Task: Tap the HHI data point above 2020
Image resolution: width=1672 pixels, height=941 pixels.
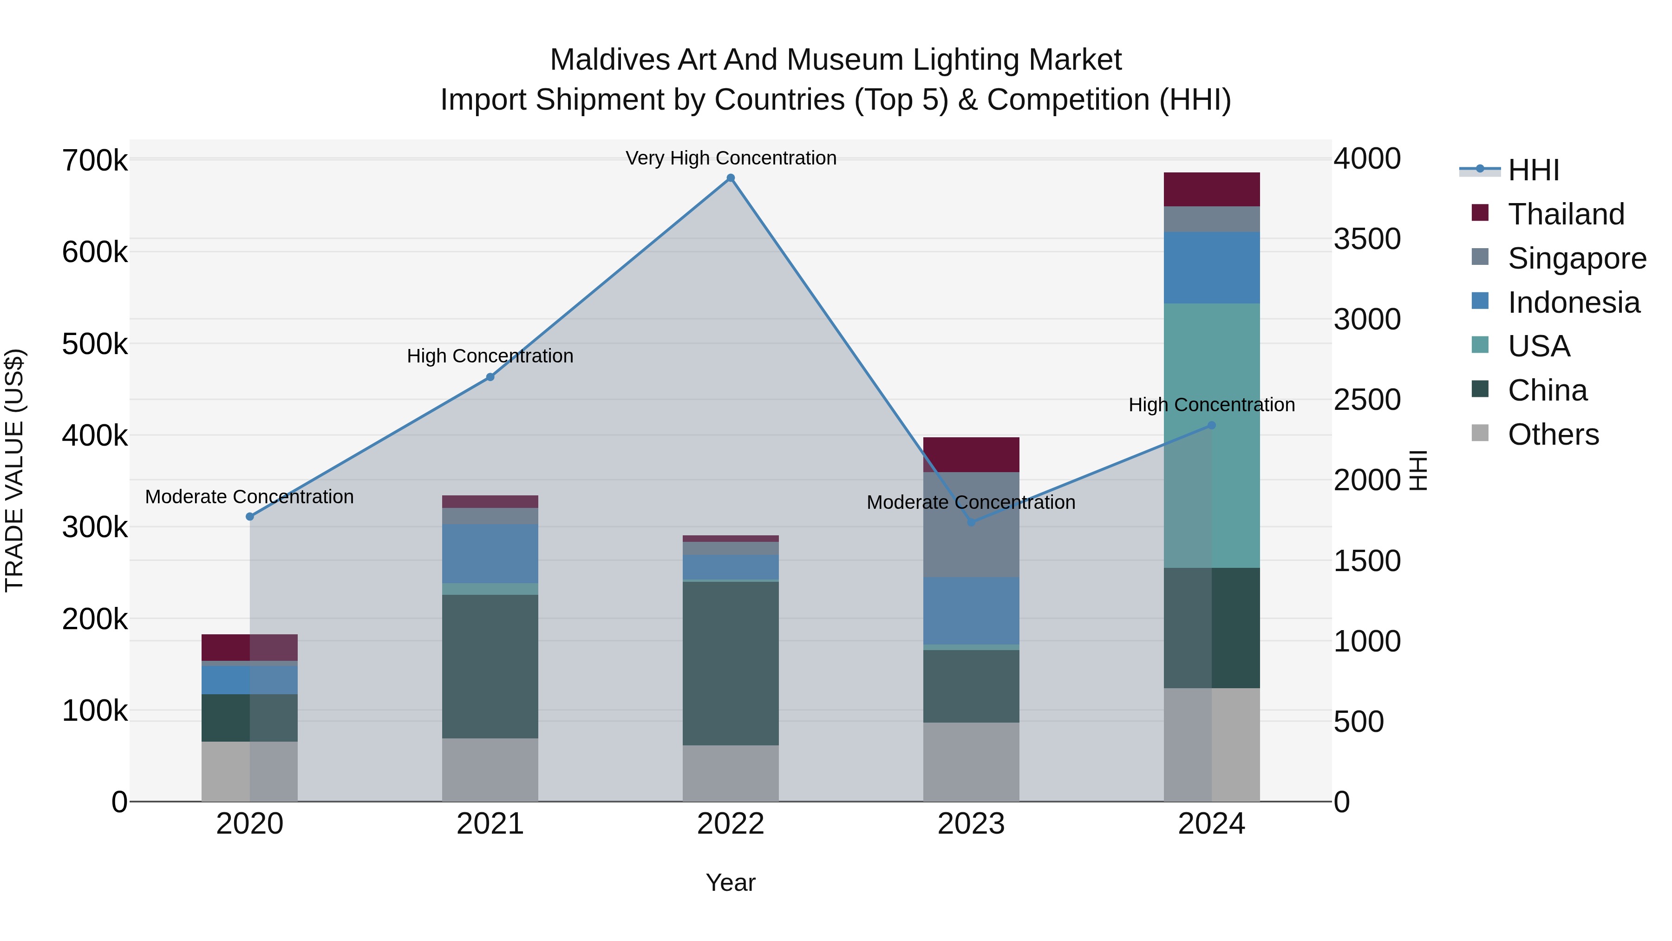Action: [x=250, y=516]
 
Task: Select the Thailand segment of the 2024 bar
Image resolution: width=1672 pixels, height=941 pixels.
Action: [x=1211, y=189]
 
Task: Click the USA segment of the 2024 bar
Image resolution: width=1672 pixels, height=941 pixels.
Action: [x=1211, y=435]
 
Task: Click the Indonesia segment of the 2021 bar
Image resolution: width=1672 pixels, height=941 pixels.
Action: [x=490, y=553]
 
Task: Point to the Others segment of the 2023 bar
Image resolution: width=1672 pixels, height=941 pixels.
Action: [x=971, y=761]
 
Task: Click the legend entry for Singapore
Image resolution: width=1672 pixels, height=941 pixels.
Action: [x=1577, y=258]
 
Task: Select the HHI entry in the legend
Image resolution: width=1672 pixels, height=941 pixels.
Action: [x=1533, y=170]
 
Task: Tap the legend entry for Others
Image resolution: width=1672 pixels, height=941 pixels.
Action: [x=1553, y=434]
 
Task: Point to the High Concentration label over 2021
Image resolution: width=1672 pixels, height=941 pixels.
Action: [x=490, y=356]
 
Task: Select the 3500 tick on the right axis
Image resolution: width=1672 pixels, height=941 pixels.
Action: [x=1367, y=239]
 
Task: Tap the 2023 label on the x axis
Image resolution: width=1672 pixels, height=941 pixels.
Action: [x=971, y=824]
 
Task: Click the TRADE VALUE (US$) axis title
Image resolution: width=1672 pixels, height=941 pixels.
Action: [x=15, y=470]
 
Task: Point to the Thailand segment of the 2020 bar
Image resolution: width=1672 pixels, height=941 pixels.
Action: [x=250, y=647]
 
